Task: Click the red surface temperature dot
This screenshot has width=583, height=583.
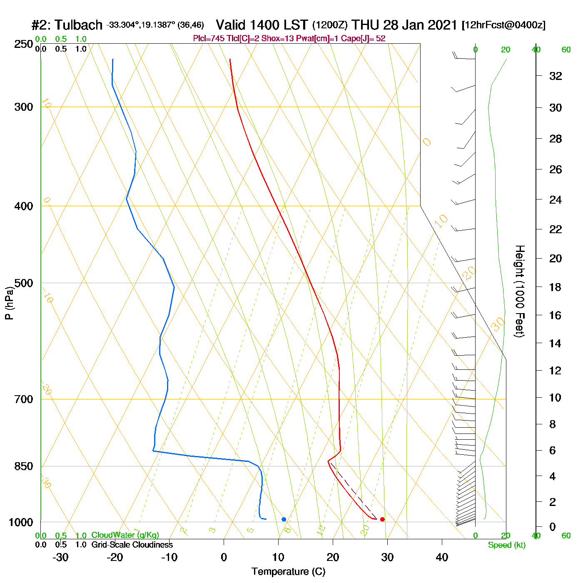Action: (382, 519)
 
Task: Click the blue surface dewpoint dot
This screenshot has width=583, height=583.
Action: (284, 519)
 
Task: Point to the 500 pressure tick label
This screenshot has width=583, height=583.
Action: (24, 283)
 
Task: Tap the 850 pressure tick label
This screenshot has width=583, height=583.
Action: (24, 466)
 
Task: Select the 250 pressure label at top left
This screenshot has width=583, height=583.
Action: (24, 44)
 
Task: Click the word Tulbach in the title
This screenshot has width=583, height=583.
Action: (78, 25)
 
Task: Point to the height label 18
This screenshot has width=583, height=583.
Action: (555, 287)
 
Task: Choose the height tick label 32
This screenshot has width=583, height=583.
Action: (556, 76)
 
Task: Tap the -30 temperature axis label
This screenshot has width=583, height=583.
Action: (60, 557)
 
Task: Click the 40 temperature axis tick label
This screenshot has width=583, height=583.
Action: (442, 557)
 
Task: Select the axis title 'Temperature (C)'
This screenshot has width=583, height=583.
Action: (288, 572)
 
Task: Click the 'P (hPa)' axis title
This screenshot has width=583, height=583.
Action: (9, 303)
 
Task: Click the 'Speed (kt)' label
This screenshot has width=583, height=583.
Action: (507, 545)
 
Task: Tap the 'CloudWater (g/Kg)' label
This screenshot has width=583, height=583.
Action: (125, 535)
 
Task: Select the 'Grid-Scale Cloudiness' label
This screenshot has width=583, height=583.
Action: (132, 545)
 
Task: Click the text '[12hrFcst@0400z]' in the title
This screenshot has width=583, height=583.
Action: (503, 25)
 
